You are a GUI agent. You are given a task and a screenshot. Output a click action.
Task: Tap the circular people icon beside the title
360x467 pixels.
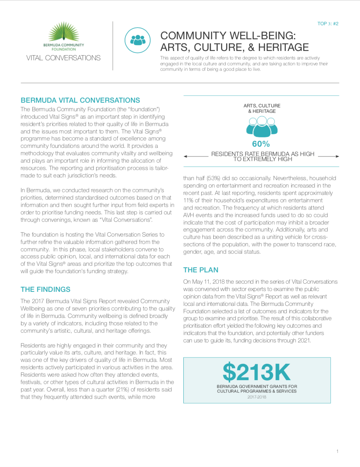[x=137, y=39]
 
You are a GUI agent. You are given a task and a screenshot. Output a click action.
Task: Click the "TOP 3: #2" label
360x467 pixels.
[x=328, y=24]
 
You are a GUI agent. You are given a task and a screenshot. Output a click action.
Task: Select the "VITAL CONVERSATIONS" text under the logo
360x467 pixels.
[x=63, y=58]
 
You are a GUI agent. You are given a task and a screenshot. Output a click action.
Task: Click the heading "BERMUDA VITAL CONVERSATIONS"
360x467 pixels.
[x=80, y=100]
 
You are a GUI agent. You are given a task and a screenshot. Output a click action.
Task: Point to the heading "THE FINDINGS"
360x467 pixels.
[x=46, y=290]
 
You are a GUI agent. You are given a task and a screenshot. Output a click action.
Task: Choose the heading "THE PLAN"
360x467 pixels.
[x=201, y=270]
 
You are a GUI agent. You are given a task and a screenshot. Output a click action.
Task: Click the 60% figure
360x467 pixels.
[x=261, y=144]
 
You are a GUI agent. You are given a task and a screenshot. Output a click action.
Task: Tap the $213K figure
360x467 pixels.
[x=256, y=372]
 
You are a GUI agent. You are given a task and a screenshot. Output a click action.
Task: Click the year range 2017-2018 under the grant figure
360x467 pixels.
[x=257, y=397]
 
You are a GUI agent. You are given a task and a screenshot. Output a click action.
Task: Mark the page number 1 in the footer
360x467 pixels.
[x=337, y=451]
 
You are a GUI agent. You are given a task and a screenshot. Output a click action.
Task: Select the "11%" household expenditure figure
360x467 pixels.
[x=189, y=200]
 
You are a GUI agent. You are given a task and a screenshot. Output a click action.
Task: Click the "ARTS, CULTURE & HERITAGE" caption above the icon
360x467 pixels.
[x=262, y=109]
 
